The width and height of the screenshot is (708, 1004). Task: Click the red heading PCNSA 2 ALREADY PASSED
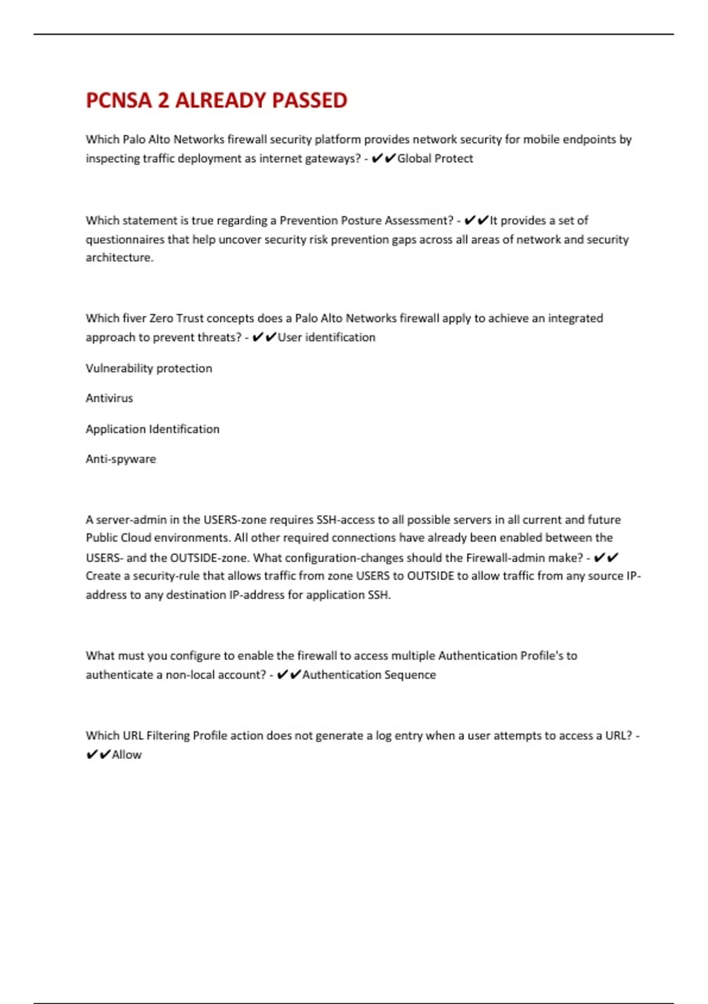point(217,100)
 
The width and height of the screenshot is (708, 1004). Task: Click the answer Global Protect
point(435,158)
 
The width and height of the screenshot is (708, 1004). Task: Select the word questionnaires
point(126,239)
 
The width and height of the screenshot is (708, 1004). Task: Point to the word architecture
point(119,257)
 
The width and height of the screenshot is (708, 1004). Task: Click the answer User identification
point(326,337)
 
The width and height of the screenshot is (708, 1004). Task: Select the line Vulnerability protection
point(149,368)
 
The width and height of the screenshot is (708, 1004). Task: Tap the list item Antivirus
point(109,398)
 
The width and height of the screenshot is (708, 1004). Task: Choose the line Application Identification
point(152,429)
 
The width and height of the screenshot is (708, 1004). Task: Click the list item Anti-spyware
point(121,459)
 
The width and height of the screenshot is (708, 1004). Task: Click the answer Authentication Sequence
point(369,674)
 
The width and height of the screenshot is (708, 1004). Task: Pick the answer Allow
point(127,755)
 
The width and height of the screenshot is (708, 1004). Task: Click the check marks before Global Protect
point(383,158)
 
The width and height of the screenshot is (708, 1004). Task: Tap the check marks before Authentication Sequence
point(289,674)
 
